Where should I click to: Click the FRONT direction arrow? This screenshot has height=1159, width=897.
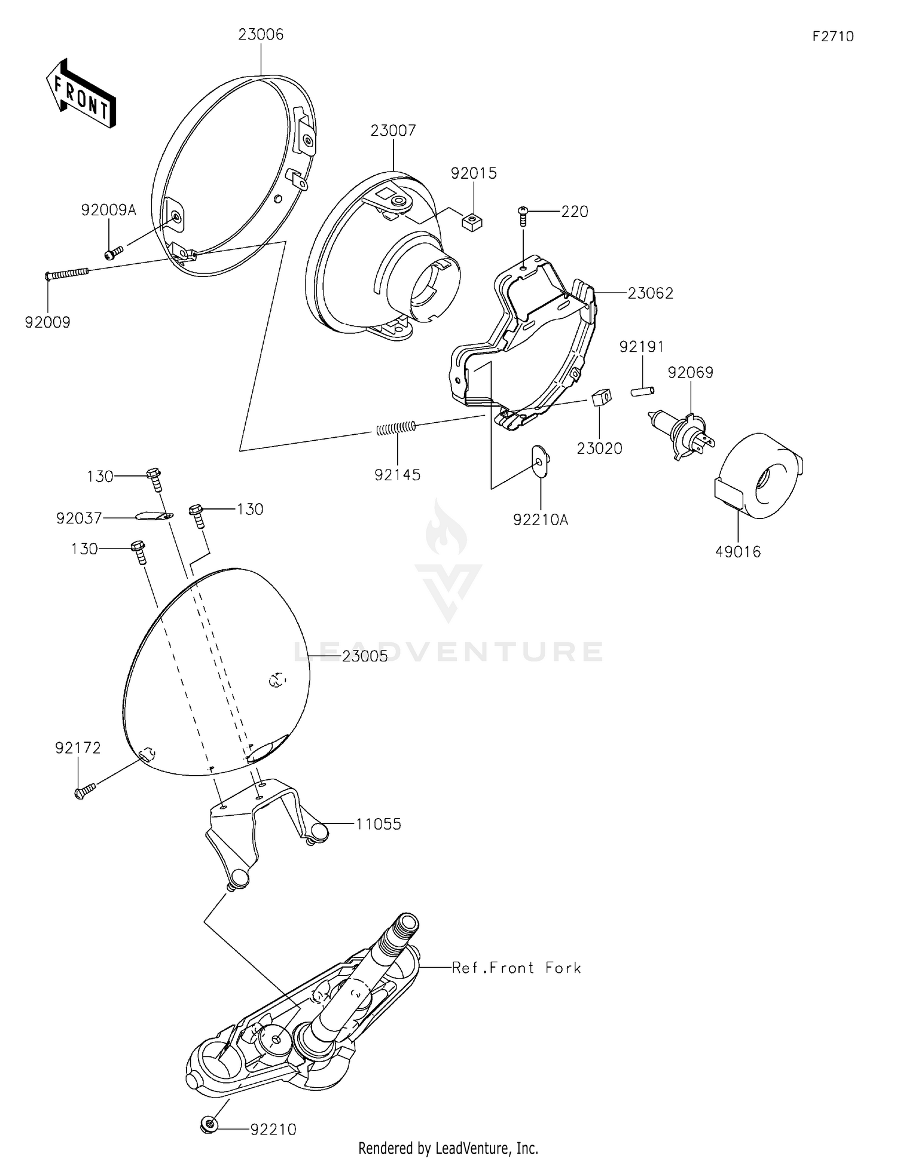(x=81, y=94)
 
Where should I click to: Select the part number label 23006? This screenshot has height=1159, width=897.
(x=261, y=35)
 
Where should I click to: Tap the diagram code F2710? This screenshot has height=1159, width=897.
(x=832, y=36)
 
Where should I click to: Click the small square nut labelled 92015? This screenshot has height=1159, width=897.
(x=472, y=222)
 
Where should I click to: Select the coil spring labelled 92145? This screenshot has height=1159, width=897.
(x=395, y=428)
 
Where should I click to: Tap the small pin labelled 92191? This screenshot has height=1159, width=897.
(x=642, y=391)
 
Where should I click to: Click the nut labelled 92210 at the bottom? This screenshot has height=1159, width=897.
(x=209, y=1126)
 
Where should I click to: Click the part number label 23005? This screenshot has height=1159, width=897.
(x=365, y=656)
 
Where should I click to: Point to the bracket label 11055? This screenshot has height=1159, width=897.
(x=378, y=824)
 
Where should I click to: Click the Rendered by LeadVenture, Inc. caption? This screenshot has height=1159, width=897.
(x=448, y=1148)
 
